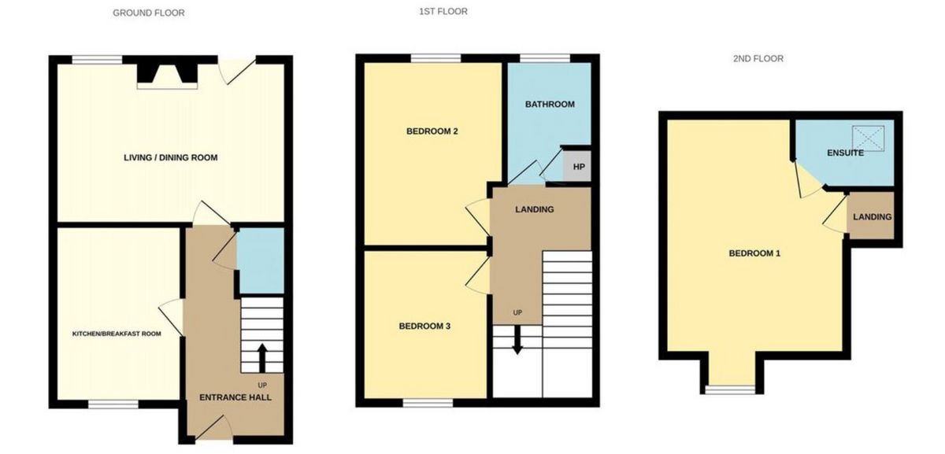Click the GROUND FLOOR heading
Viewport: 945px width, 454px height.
pyautogui.click(x=149, y=13)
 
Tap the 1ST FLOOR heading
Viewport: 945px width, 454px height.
pyautogui.click(x=443, y=11)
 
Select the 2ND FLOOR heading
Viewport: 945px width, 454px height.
pyautogui.click(x=758, y=58)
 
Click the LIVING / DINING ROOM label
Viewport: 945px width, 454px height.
pyautogui.click(x=170, y=157)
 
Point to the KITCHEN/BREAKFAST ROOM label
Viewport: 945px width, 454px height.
pyautogui.click(x=117, y=334)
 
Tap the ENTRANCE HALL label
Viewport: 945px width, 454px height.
pyautogui.click(x=235, y=397)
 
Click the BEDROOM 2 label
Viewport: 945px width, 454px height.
pyautogui.click(x=432, y=131)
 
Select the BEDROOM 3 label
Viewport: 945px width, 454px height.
pyautogui.click(x=424, y=327)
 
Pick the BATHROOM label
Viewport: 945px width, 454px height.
pyautogui.click(x=550, y=105)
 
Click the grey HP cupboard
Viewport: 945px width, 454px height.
pyautogui.click(x=577, y=167)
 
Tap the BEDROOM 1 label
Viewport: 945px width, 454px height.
pyautogui.click(x=754, y=253)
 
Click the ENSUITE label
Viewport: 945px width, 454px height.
pyautogui.click(x=845, y=153)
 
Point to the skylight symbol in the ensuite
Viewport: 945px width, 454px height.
pyautogui.click(x=868, y=138)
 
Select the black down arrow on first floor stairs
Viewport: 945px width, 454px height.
pyautogui.click(x=517, y=340)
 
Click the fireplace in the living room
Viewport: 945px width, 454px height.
pyautogui.click(x=167, y=75)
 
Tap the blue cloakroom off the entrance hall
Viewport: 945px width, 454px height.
pyautogui.click(x=261, y=261)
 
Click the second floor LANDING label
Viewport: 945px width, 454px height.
pyautogui.click(x=872, y=217)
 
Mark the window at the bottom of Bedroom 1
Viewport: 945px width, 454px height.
pyautogui.click(x=730, y=389)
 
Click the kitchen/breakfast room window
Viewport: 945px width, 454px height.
pyautogui.click(x=113, y=404)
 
